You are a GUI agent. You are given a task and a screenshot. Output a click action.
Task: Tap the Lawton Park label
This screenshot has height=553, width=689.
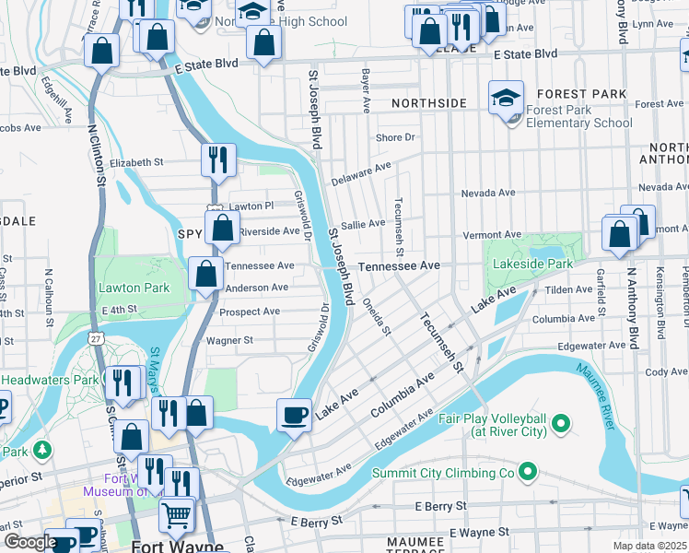(x=134, y=288)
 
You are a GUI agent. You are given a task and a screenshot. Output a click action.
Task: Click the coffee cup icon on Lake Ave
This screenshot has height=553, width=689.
(x=295, y=415)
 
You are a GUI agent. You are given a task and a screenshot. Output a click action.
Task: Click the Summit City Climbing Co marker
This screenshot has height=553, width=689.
(x=528, y=473)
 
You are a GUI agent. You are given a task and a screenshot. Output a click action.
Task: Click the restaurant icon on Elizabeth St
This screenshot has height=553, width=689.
(x=218, y=159)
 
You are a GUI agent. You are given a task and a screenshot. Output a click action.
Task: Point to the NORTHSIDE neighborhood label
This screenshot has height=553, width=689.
(x=428, y=103)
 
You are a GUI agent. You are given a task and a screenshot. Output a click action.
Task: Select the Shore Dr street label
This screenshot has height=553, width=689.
(x=395, y=137)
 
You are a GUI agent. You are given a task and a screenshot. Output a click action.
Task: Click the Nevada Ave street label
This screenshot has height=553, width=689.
(x=487, y=193)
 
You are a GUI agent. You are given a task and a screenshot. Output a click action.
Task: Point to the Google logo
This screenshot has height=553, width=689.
(x=29, y=542)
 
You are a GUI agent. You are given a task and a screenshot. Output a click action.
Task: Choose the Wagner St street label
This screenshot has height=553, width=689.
(x=229, y=340)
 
